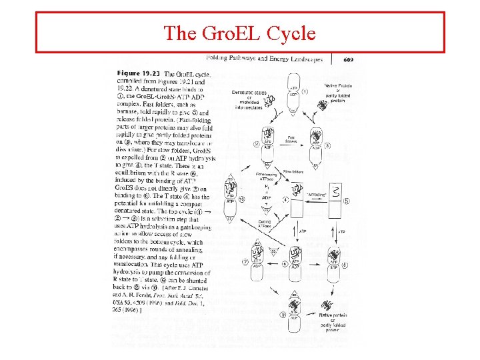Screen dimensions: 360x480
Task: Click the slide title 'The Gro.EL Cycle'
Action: tap(239, 32)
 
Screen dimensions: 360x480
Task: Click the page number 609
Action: tap(348, 59)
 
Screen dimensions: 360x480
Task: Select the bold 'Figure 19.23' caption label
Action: tap(138, 73)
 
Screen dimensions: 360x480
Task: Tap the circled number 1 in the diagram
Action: tap(305, 91)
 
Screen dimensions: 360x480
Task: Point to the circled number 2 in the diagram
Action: tap(257, 143)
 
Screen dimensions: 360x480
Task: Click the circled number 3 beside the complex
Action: tap(327, 145)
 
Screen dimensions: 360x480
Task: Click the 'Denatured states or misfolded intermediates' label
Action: tap(249, 99)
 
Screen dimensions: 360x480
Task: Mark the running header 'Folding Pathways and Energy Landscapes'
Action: tap(263, 59)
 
